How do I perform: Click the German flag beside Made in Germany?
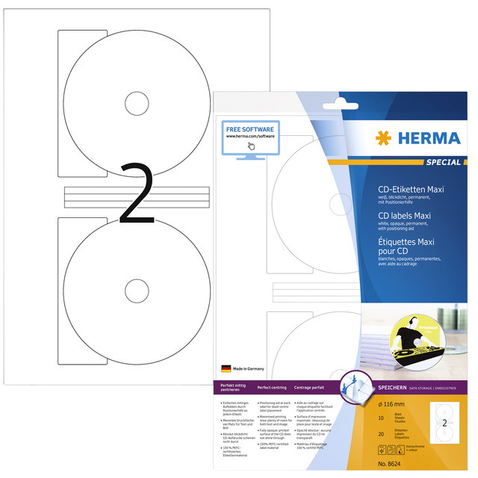pyautogui.click(x=226, y=368)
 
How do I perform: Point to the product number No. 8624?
pyautogui.click(x=385, y=465)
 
